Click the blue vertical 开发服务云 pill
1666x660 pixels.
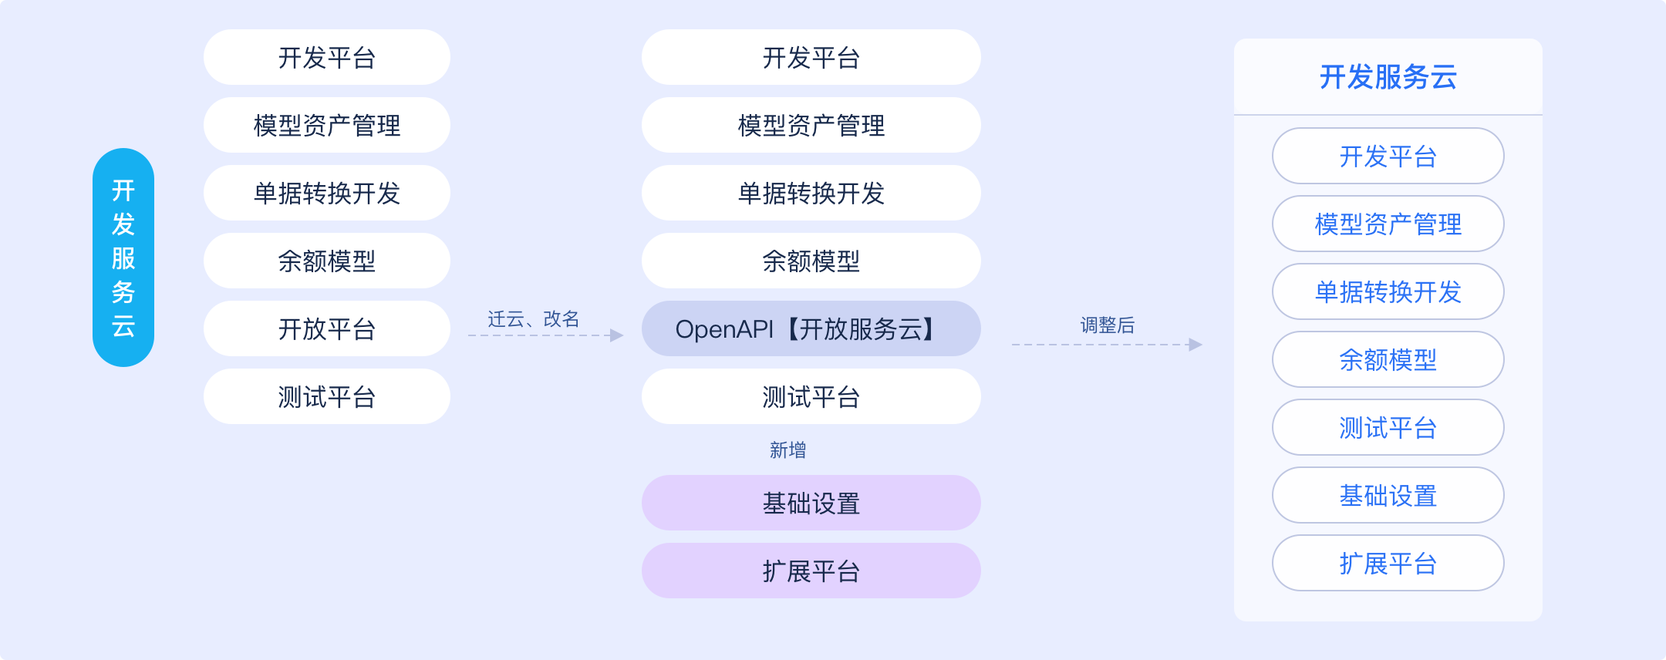pos(123,258)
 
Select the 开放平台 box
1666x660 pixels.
pos(327,328)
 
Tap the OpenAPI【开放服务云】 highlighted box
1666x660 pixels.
pos(811,328)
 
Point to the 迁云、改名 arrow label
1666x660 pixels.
pos(533,318)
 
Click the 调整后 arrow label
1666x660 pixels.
pos(1107,325)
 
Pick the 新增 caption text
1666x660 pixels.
pos(787,450)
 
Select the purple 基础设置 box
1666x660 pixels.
pos(811,503)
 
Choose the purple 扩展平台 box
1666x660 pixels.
pos(811,571)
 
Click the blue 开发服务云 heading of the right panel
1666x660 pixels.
pos(1388,77)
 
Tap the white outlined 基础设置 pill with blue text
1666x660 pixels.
pos(1388,495)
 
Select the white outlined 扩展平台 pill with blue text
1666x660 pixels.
pos(1388,563)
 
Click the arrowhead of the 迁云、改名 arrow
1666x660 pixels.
pos(616,335)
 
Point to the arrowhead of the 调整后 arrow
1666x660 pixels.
pos(1196,345)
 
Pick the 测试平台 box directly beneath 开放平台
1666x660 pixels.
pos(327,396)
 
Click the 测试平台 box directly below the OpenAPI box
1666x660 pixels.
pos(811,396)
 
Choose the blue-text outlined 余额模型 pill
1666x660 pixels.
pos(1388,359)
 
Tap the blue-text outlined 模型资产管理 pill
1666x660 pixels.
pos(1388,224)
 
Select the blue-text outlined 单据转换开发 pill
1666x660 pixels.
pos(1388,291)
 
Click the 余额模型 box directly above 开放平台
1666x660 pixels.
pos(327,261)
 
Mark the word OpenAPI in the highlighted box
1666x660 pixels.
pos(724,329)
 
